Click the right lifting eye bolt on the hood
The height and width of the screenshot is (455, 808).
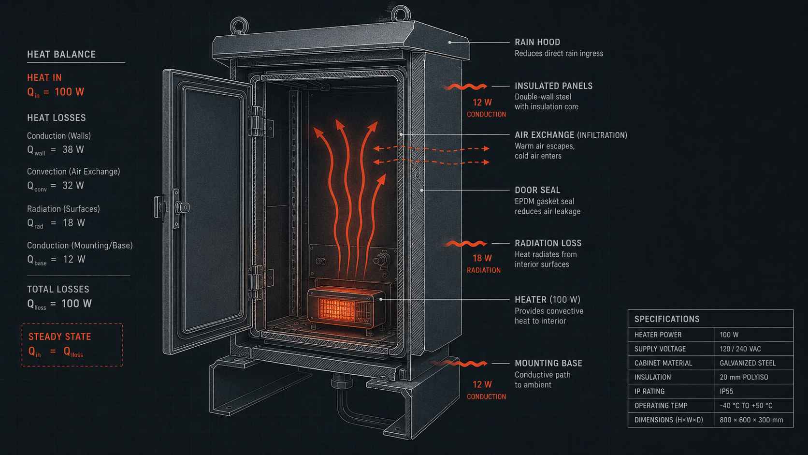click(401, 14)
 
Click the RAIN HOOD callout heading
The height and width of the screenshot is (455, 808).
click(537, 42)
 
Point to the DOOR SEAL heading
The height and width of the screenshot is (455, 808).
click(537, 190)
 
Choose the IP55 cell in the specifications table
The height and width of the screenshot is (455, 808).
click(726, 391)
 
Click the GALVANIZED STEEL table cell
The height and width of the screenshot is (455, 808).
click(748, 363)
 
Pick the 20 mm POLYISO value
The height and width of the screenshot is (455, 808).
click(744, 377)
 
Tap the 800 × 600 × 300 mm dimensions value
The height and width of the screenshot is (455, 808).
click(751, 420)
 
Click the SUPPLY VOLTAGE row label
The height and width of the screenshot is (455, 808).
click(660, 349)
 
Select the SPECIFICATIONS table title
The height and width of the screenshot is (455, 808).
click(666, 319)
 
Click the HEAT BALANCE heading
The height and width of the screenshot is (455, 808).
click(61, 55)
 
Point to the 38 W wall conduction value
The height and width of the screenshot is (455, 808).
click(73, 149)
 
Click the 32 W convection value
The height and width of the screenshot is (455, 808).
click(73, 186)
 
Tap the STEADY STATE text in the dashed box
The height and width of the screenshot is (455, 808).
click(59, 337)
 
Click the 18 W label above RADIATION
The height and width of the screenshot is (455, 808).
click(482, 258)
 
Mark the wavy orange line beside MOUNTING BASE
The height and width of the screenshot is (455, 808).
click(460, 364)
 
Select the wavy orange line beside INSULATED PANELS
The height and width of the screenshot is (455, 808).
click(465, 87)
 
